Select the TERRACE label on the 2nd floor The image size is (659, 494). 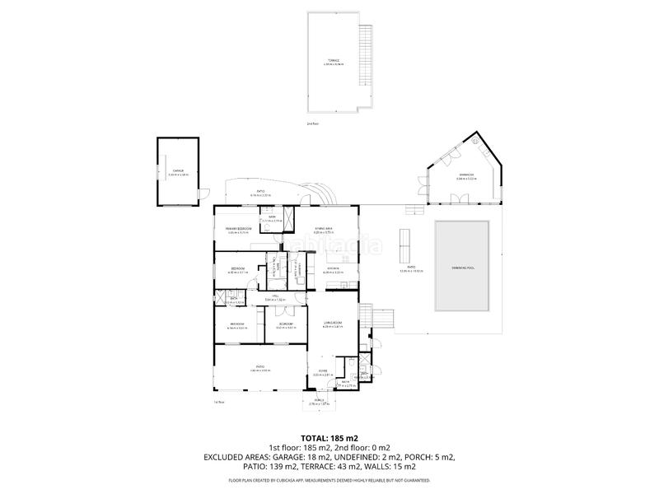point(333,62)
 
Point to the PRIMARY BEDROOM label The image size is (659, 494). point(238,228)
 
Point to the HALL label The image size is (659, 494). point(280,297)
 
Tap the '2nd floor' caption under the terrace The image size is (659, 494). point(312,123)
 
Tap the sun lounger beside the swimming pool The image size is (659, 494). point(404,241)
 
